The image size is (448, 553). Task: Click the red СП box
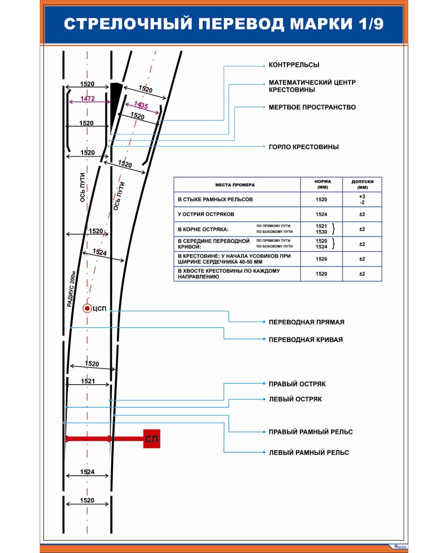click(x=152, y=439)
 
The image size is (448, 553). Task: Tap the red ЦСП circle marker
click(x=87, y=308)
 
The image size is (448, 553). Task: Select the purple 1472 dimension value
click(x=87, y=99)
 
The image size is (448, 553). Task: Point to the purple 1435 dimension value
click(x=141, y=105)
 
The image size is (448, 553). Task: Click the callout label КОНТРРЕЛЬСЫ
click(x=294, y=65)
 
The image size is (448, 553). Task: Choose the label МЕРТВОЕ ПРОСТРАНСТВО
click(x=312, y=107)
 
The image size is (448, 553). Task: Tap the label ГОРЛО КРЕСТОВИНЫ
click(x=303, y=147)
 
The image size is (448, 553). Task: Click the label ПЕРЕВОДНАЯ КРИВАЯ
click(x=305, y=340)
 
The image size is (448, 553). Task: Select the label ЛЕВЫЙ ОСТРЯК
click(x=295, y=399)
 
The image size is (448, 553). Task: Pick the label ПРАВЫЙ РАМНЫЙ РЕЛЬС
click(x=311, y=432)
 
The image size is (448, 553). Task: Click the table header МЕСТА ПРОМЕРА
click(x=235, y=185)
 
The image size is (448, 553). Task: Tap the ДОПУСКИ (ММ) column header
click(x=362, y=184)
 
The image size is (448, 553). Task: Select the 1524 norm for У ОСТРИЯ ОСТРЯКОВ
click(x=321, y=214)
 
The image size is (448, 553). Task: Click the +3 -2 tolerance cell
click(x=362, y=199)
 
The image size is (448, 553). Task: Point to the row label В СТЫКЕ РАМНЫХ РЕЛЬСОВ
click(x=215, y=200)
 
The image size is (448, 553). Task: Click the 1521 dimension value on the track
click(x=88, y=381)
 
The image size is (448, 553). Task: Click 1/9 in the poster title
click(x=371, y=24)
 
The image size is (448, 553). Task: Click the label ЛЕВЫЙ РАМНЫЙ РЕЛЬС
click(x=308, y=453)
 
